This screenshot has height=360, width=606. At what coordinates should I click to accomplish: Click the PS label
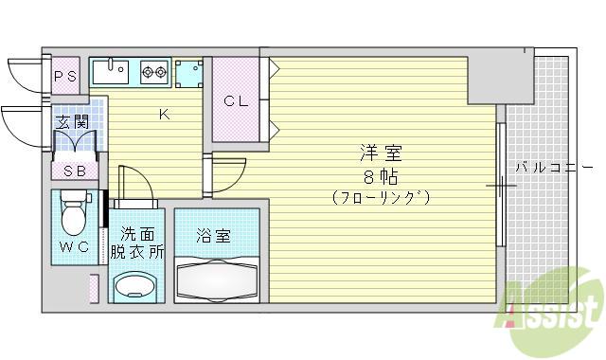point(65,77)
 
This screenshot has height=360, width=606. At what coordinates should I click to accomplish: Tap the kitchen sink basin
point(111,72)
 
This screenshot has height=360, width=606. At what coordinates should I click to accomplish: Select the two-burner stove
point(154,72)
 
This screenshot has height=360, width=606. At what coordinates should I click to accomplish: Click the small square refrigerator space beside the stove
point(188,73)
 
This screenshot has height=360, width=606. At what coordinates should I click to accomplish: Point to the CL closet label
point(236,101)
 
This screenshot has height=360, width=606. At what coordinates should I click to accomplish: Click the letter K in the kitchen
point(164,115)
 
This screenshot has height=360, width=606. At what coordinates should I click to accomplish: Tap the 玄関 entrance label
point(72,122)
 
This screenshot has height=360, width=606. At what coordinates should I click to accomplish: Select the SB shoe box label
point(75,171)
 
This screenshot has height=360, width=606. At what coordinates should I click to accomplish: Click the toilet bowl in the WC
point(74,214)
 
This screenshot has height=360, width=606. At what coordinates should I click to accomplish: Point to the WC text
point(75,246)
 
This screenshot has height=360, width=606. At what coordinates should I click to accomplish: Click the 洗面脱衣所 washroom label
point(137,243)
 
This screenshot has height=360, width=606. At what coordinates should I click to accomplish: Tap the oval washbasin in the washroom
point(135,286)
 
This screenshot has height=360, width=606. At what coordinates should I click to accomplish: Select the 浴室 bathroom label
point(213,236)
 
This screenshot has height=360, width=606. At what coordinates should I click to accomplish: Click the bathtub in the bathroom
point(217,280)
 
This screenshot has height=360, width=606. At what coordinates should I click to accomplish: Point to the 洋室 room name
point(381,153)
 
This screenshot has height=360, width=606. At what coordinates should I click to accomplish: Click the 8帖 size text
point(381,177)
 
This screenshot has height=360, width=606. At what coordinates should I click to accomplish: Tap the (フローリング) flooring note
point(381,198)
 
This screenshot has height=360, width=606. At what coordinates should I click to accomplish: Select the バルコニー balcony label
point(554,168)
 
